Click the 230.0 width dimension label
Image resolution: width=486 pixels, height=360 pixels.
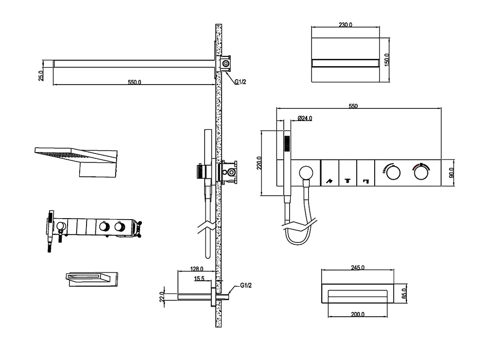(x=345, y=24)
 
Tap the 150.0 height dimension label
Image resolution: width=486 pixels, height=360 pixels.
(x=387, y=60)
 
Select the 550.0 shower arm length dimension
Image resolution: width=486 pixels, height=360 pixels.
(x=135, y=82)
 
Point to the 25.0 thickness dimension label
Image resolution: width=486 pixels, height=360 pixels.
(x=41, y=76)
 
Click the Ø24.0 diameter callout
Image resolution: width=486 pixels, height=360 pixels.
(x=305, y=118)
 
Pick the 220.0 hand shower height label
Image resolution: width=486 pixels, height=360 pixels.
(x=259, y=163)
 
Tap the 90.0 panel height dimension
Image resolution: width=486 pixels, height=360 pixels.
(x=451, y=172)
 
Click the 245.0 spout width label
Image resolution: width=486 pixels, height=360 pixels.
(x=358, y=267)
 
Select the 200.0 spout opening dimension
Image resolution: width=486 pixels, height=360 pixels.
(x=358, y=314)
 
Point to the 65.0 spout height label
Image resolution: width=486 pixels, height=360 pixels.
(x=404, y=293)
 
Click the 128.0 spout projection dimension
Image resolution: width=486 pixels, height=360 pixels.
(x=196, y=269)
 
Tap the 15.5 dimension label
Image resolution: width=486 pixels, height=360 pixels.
(x=199, y=278)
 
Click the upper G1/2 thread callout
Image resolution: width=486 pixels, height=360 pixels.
(x=240, y=82)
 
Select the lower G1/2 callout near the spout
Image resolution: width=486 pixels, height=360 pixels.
(x=246, y=285)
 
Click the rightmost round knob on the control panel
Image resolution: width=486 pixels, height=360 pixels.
(x=421, y=173)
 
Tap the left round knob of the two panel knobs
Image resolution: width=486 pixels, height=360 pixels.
(x=393, y=173)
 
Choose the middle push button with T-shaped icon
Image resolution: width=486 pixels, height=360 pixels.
(x=348, y=173)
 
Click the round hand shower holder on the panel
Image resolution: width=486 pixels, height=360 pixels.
(x=306, y=172)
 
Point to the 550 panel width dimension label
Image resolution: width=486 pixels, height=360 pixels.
(x=353, y=106)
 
